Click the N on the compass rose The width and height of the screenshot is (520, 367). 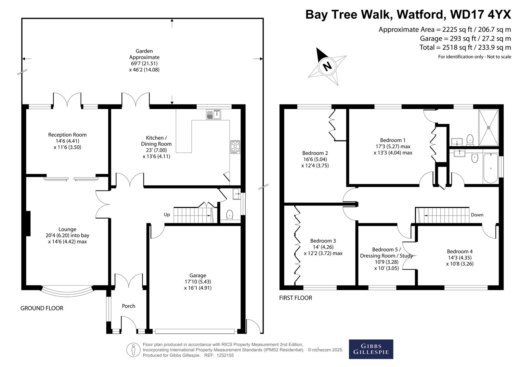point(327,67)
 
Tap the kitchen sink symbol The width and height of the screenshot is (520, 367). point(214,115)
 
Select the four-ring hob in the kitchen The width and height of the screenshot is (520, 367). point(235,147)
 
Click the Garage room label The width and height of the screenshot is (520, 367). point(198,275)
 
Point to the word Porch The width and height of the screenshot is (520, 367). point(129,306)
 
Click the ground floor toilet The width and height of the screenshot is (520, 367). point(229,215)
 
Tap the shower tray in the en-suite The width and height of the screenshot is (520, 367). point(489,128)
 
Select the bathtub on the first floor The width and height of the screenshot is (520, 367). point(491,168)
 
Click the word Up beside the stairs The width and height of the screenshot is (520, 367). point(167,215)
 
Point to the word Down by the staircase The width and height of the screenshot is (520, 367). point(477,215)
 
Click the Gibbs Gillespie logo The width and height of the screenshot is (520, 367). point(371,349)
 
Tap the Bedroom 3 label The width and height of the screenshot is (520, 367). point(323,241)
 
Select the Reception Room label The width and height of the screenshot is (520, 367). point(67,135)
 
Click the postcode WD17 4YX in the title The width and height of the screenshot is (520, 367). point(481,14)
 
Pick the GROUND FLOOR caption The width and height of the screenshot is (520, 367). point(42,308)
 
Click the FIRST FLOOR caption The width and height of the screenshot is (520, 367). point(295,298)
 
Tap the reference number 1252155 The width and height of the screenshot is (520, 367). point(225,355)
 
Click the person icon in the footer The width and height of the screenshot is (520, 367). point(133,350)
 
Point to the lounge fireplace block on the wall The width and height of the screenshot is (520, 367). point(28,224)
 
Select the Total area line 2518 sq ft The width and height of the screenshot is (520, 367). point(465,47)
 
